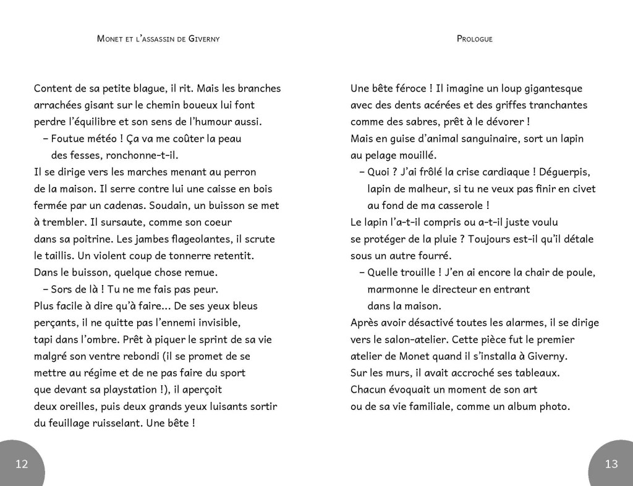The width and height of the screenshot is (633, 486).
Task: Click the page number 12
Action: coord(21,464)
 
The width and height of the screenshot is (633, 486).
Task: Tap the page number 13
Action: coord(611,464)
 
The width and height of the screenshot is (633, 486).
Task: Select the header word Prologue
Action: coord(474,39)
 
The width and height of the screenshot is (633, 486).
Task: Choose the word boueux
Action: coord(190,105)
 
